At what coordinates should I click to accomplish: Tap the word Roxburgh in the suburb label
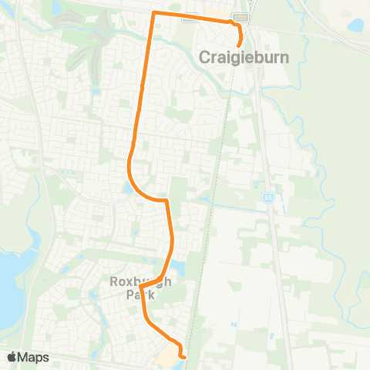(135, 281)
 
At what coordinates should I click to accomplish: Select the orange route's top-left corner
(153, 14)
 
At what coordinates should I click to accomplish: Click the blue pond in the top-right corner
(355, 25)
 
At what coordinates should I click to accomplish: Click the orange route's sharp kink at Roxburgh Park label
(141, 289)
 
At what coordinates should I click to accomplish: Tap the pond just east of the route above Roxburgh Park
(180, 269)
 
